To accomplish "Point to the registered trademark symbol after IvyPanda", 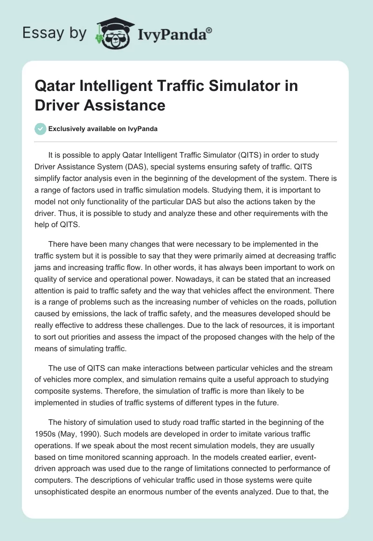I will click(209, 30).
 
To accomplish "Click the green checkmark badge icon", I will click(41, 129).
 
